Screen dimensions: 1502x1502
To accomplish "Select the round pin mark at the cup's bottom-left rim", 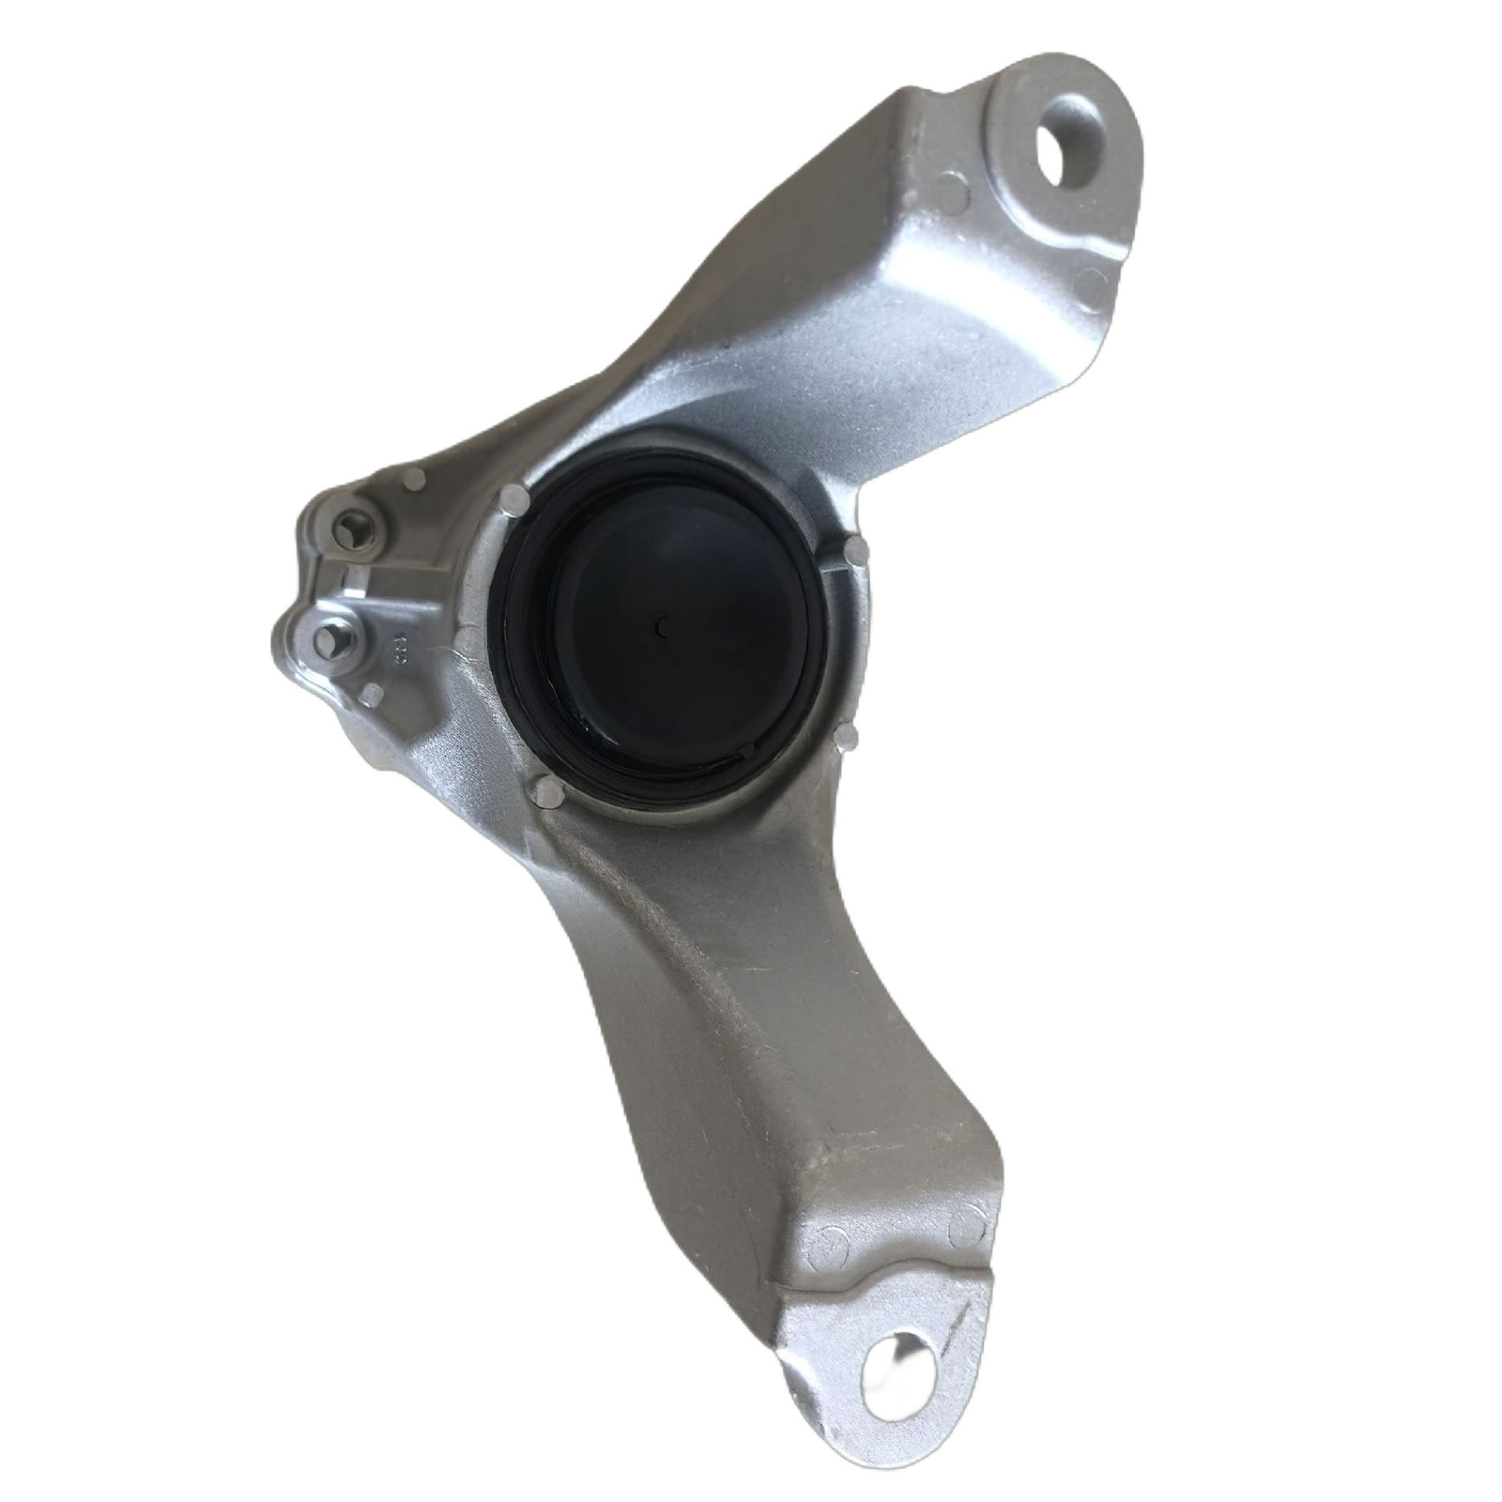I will pos(545,793).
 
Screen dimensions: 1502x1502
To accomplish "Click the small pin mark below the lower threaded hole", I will pos(372,695).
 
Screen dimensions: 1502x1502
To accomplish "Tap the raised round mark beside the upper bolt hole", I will pos(953,194).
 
